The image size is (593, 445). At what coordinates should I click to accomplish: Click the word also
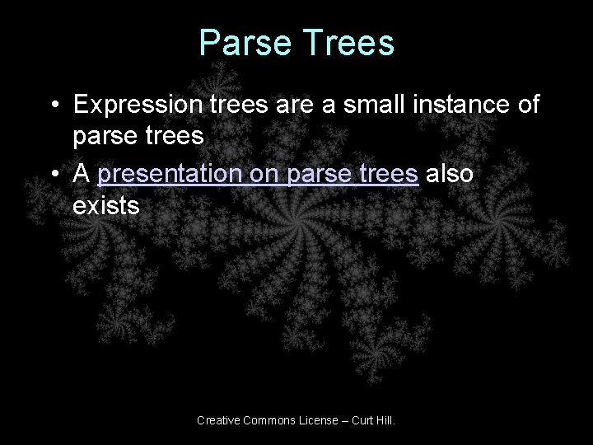point(453,175)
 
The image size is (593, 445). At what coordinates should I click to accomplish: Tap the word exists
point(106,205)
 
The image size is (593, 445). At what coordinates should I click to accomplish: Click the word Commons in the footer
point(269,421)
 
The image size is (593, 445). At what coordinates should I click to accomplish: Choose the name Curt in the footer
point(363,421)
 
